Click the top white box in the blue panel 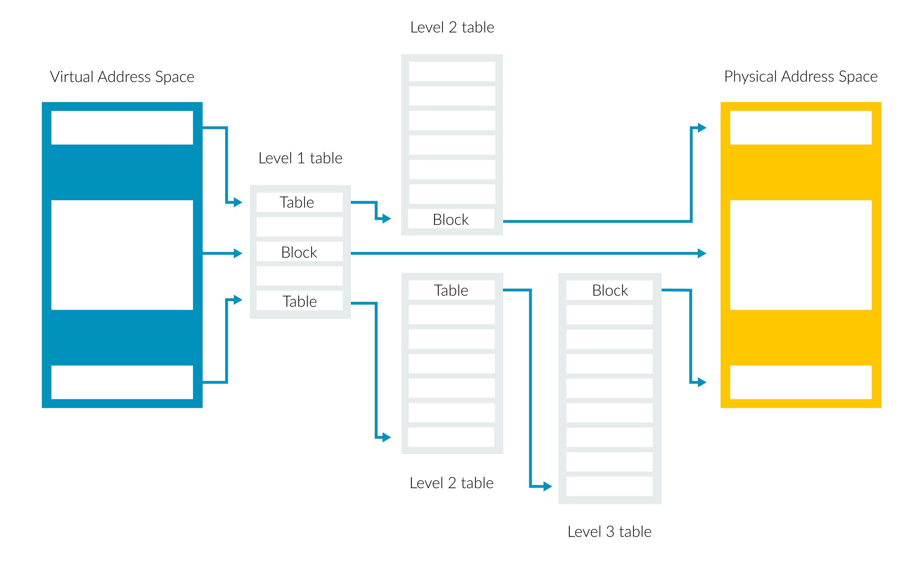tap(122, 127)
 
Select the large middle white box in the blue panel tap(122, 255)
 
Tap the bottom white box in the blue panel tap(122, 382)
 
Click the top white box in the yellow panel tap(801, 127)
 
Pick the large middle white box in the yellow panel tap(801, 255)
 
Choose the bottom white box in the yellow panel tap(801, 382)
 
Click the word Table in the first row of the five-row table tap(297, 202)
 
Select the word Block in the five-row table tap(299, 252)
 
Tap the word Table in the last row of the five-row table tap(299, 301)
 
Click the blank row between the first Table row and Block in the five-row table tap(300, 227)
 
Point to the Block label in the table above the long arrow tap(451, 220)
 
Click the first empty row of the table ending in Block tap(452, 71)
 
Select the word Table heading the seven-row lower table tap(451, 290)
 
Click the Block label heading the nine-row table tap(610, 290)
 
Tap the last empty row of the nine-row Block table tap(609, 486)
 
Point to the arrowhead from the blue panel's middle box tap(238, 253)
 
